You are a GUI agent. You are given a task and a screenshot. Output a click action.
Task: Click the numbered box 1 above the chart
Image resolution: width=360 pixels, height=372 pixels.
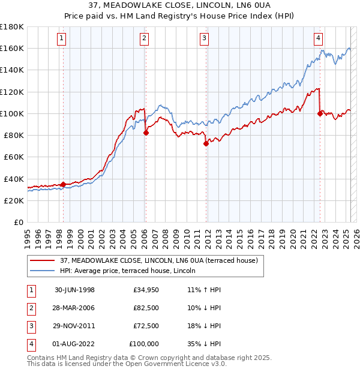63,38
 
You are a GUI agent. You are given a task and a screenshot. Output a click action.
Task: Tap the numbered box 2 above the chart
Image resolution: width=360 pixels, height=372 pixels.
145,38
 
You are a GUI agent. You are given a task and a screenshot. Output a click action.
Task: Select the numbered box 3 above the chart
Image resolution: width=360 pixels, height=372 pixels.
204,38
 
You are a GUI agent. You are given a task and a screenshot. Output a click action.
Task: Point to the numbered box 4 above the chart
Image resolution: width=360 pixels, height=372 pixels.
317,38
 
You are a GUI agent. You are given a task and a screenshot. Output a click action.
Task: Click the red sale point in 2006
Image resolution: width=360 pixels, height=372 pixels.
146,133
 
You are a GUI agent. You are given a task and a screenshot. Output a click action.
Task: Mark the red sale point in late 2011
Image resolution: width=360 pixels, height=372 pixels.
206,144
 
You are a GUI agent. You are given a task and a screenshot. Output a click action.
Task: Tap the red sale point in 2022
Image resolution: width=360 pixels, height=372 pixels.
320,113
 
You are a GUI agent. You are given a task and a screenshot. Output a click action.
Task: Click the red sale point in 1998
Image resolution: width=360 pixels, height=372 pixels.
64,184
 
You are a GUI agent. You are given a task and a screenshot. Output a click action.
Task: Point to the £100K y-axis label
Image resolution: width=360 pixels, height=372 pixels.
12,113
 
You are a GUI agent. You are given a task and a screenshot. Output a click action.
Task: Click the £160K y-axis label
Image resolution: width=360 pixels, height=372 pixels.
12,48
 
